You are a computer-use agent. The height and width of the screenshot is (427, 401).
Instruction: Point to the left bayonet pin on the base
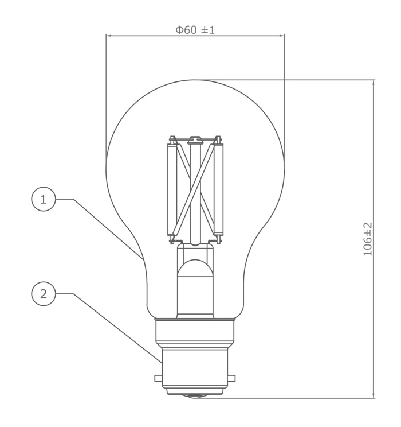pyautogui.click(x=157, y=378)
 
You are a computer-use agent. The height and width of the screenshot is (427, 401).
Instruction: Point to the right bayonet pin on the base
pyautogui.click(x=233, y=378)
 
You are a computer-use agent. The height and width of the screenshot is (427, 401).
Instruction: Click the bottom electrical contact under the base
pyautogui.click(x=195, y=395)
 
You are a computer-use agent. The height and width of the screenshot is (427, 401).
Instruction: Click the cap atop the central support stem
pyautogui.click(x=195, y=139)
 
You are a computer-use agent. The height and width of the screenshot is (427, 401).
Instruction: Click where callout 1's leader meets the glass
pyautogui.click(x=141, y=255)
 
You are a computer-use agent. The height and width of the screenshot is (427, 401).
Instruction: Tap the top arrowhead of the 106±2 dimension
pyautogui.click(x=374, y=82)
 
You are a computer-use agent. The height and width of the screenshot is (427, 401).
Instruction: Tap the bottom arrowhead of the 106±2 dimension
pyautogui.click(x=374, y=395)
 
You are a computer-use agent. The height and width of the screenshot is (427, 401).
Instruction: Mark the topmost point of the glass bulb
pyautogui.click(x=195, y=79)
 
